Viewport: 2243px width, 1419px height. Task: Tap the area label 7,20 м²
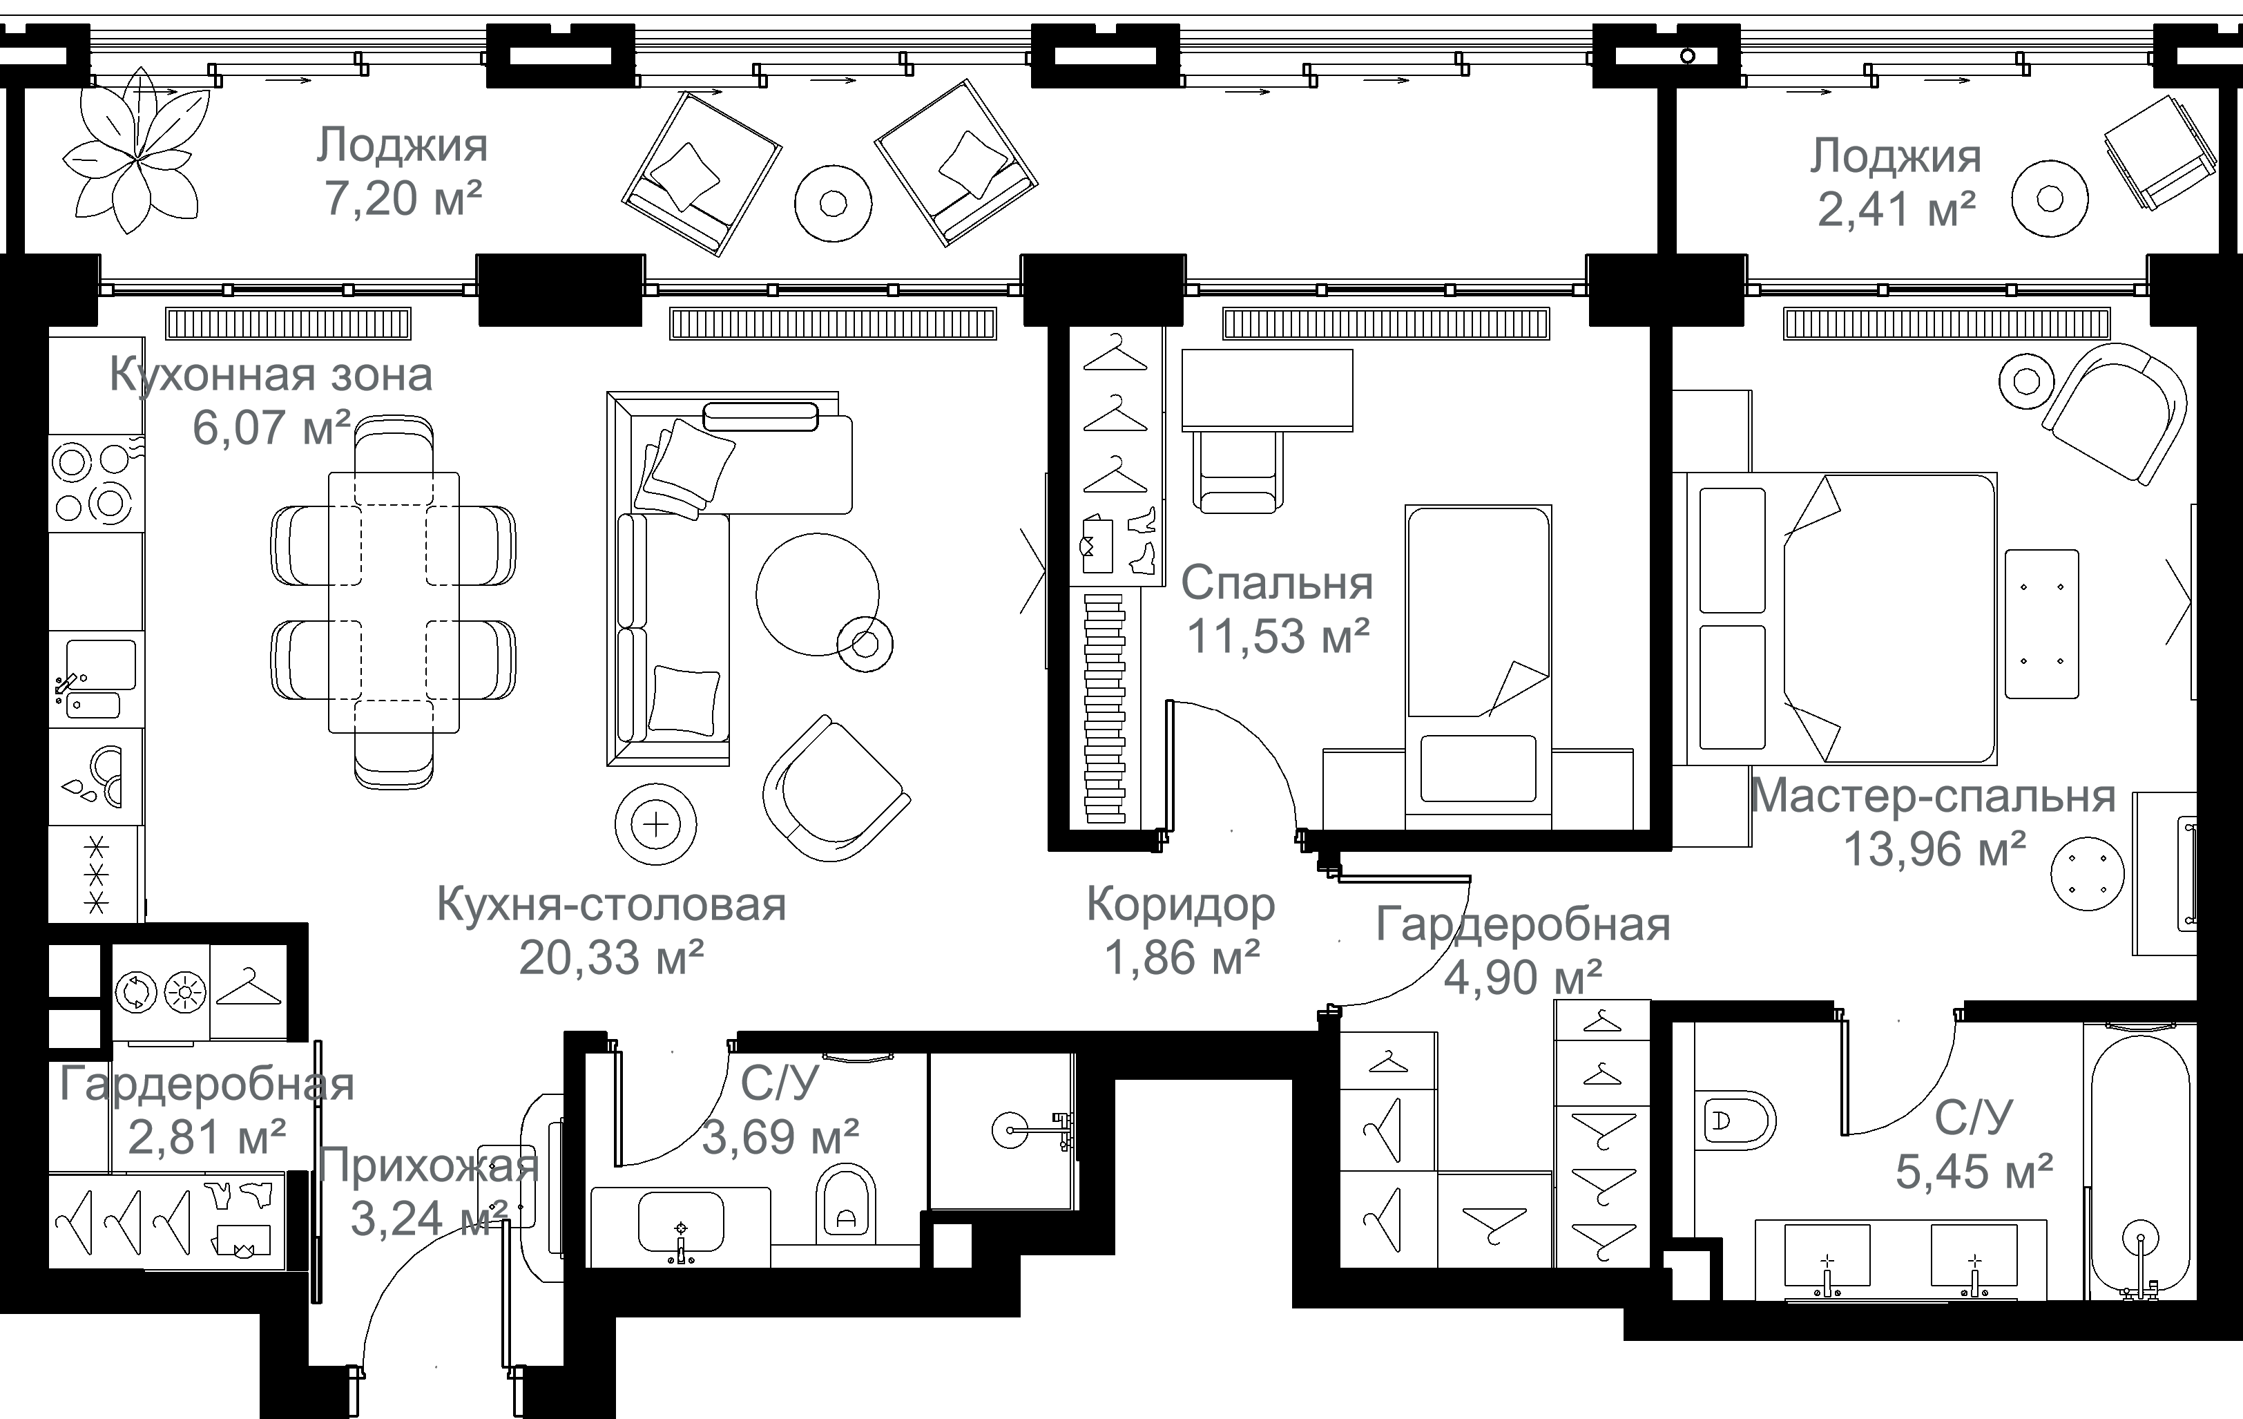click(x=403, y=198)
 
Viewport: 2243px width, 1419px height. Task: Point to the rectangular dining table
click(x=393, y=602)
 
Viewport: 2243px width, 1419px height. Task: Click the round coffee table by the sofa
click(x=817, y=594)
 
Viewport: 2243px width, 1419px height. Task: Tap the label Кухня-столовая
click(x=611, y=905)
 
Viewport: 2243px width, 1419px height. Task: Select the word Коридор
click(x=1180, y=905)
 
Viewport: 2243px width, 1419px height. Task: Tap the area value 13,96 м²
click(x=1935, y=849)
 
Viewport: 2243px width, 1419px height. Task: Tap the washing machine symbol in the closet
click(x=137, y=992)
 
